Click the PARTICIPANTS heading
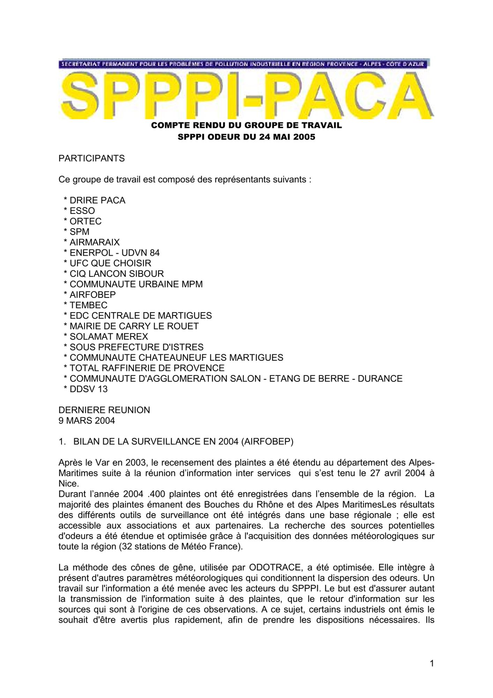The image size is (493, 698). (x=91, y=158)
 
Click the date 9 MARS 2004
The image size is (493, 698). (x=87, y=421)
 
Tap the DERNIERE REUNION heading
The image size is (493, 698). (x=104, y=410)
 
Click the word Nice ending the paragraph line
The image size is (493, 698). (x=68, y=484)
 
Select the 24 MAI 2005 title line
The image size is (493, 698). (x=246, y=137)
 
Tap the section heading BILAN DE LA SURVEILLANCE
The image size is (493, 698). (x=183, y=442)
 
